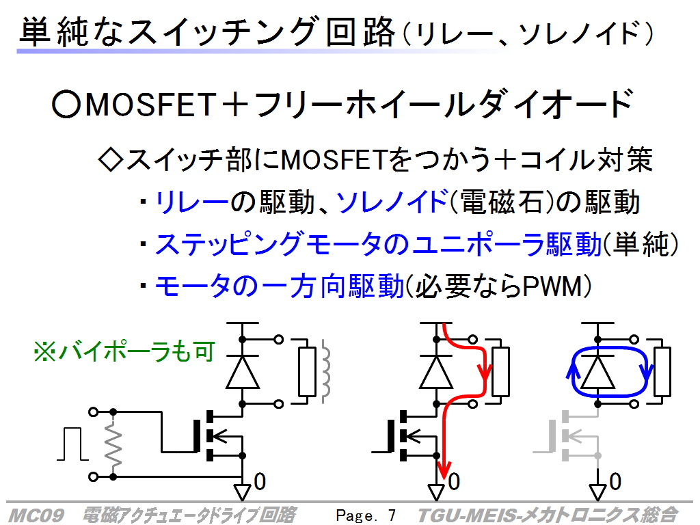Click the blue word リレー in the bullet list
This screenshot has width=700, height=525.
[191, 202]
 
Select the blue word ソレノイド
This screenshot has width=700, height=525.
[392, 202]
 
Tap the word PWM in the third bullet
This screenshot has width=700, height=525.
[552, 286]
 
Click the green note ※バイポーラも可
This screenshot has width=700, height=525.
[124, 351]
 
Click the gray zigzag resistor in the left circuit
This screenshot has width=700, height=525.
[113, 444]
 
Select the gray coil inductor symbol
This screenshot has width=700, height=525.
[325, 371]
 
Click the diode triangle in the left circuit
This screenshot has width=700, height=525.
[243, 372]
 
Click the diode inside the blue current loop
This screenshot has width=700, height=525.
[597, 372]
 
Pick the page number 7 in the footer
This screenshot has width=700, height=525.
[392, 515]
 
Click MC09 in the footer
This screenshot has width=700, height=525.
[36, 515]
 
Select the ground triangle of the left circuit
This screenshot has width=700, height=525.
[243, 492]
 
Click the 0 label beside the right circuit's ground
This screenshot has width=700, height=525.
[615, 482]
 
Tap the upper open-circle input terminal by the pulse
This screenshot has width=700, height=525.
[93, 412]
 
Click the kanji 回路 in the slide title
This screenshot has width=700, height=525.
[361, 31]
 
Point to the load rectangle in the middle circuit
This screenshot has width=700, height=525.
[500, 372]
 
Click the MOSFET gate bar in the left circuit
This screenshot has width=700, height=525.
[196, 436]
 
